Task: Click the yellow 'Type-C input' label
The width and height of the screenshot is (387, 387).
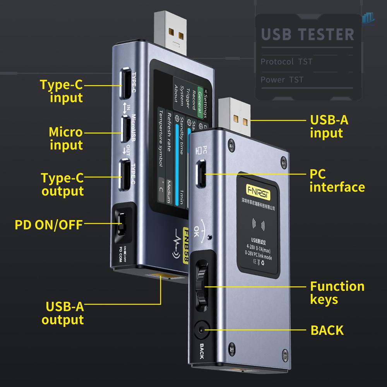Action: click(x=61, y=91)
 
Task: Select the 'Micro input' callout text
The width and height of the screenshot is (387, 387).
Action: click(x=65, y=138)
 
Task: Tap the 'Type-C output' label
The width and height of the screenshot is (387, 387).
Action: click(x=62, y=184)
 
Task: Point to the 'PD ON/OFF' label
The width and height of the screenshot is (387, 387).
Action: click(x=48, y=224)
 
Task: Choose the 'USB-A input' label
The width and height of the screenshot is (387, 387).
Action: click(x=329, y=126)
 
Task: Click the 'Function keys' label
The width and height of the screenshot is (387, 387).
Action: click(x=337, y=293)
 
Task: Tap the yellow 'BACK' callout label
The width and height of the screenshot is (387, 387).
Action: click(x=327, y=330)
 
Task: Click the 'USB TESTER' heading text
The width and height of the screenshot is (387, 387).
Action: click(x=308, y=34)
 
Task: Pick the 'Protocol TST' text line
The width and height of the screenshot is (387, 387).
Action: click(x=286, y=62)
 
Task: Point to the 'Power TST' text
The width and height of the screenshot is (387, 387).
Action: click(x=282, y=80)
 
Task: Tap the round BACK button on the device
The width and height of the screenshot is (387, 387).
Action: click(x=201, y=330)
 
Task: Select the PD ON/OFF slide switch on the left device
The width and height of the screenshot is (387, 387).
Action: click(x=121, y=225)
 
